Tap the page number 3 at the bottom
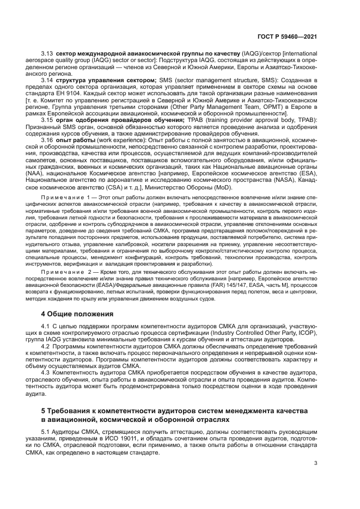316,463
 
